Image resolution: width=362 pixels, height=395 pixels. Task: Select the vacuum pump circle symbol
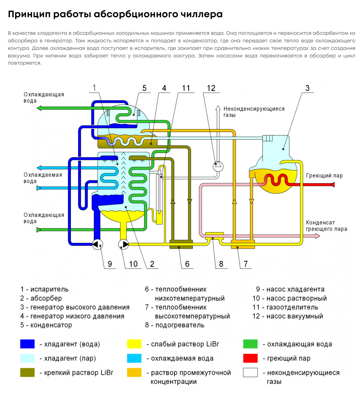pos(218,166)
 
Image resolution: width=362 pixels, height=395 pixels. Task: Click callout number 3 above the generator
pos(307,88)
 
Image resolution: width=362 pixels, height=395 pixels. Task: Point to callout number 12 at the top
pos(211,88)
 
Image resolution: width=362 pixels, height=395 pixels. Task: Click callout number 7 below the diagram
pos(246,264)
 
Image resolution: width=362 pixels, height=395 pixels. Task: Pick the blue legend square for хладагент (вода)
pos(27,344)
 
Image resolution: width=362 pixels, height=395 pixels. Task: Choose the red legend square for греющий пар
pos(250,358)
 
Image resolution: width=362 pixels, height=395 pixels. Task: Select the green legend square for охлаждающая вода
pos(250,344)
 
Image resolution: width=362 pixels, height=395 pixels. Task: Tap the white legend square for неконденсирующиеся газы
pos(250,372)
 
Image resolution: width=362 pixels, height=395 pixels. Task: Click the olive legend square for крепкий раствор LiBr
pos(27,372)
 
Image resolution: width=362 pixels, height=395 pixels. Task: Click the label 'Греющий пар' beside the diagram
pos(324,176)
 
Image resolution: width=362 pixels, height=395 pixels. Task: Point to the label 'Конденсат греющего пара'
pos(326,226)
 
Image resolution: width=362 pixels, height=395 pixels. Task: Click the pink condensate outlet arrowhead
pos(317,236)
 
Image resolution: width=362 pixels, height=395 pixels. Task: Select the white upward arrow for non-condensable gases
pos(218,108)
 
